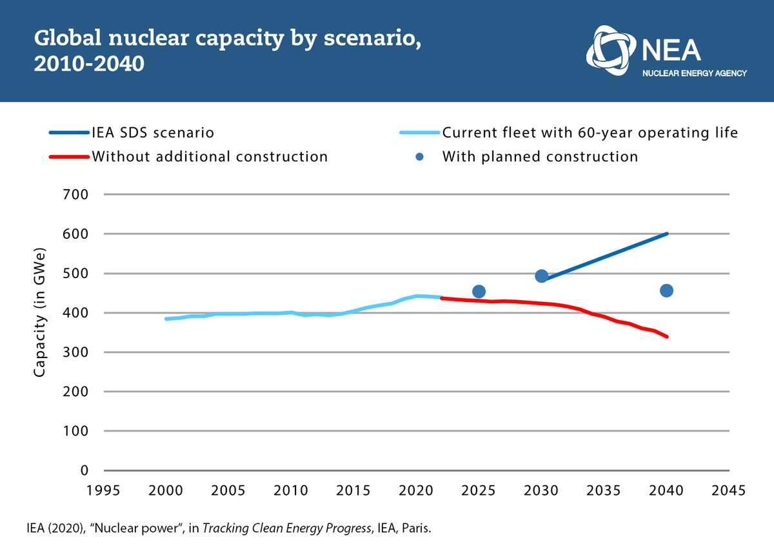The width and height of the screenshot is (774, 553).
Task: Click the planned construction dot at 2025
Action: coord(479,292)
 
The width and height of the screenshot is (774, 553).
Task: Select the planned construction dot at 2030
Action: coord(542,276)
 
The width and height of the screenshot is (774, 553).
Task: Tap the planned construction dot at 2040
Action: coord(667,290)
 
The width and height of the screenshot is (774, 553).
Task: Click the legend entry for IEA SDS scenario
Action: coord(153,134)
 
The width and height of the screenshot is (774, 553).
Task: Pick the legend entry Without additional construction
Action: coord(210,157)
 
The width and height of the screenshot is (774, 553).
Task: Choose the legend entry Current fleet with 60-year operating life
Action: coord(590,134)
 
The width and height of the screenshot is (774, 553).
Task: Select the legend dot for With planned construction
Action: coord(420,157)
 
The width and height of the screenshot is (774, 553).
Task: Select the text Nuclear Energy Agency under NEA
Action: coord(695,74)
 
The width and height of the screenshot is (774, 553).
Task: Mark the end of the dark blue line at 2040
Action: coord(667,234)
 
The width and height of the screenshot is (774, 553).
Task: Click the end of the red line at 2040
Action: coord(667,336)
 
